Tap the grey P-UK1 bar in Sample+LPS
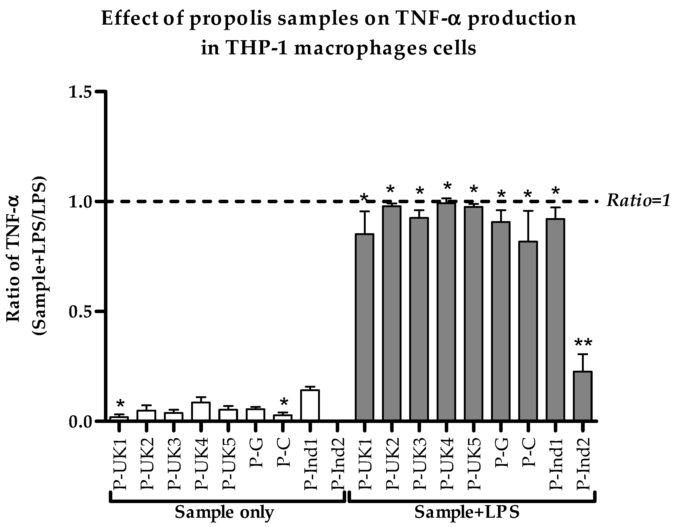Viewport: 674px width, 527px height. pyautogui.click(x=365, y=327)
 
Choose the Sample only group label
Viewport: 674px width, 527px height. pyautogui.click(x=225, y=513)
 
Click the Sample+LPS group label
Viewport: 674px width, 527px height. pyautogui.click(x=466, y=513)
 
